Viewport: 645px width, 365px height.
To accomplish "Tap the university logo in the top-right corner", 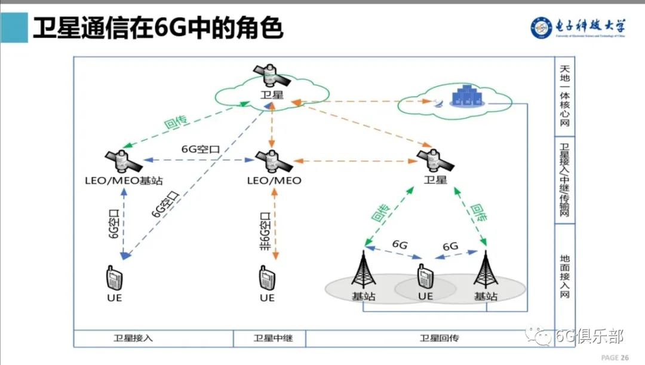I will (x=578, y=27).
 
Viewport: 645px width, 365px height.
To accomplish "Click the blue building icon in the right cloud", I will (x=462, y=96).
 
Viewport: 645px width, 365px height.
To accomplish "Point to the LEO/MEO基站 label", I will (x=125, y=180).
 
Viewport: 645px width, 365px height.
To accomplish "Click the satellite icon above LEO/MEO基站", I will (x=123, y=160).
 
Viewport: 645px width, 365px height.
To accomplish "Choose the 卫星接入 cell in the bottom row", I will (x=134, y=338).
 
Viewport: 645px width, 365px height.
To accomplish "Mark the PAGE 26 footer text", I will (x=615, y=357).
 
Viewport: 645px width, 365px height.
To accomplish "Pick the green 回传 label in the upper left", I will (x=176, y=122).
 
